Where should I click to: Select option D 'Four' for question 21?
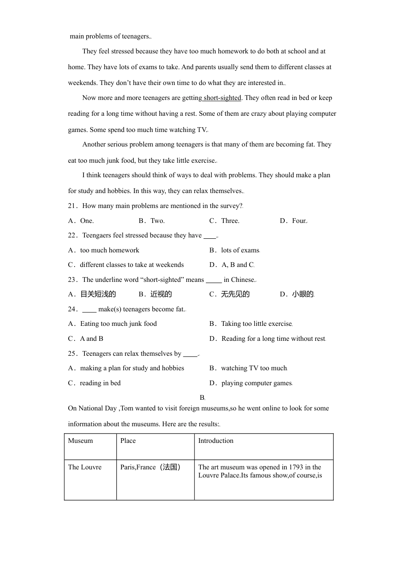299,221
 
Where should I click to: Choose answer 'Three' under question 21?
230,221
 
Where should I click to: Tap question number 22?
72,235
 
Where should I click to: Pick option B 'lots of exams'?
240,250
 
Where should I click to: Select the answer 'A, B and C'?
237,265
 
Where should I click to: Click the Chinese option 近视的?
161,294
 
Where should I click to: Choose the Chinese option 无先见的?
235,294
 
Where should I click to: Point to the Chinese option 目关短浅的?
98,294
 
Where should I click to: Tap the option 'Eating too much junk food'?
118,324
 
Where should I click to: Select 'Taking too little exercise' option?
256,324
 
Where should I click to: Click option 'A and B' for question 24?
91,339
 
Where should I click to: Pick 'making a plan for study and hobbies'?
132,368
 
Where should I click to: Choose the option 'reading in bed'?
100,383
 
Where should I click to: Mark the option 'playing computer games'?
256,383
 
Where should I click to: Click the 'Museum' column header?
80,441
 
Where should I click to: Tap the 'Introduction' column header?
216,441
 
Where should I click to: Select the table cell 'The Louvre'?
85,467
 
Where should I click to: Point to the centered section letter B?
202,397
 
